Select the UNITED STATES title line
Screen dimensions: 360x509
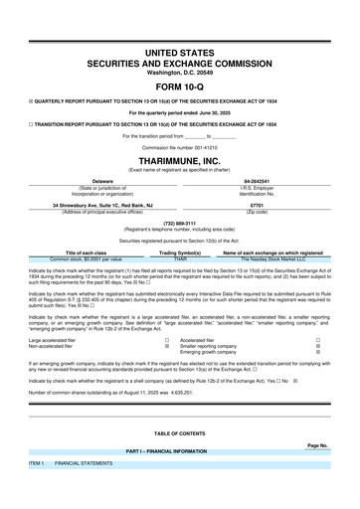[x=180, y=50]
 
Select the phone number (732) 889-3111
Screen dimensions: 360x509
[x=180, y=224]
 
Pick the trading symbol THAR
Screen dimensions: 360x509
[x=180, y=257]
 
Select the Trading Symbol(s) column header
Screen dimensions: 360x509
[x=180, y=252]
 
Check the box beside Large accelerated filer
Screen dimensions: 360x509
[x=165, y=338]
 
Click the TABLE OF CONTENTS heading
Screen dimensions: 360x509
[x=180, y=433]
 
